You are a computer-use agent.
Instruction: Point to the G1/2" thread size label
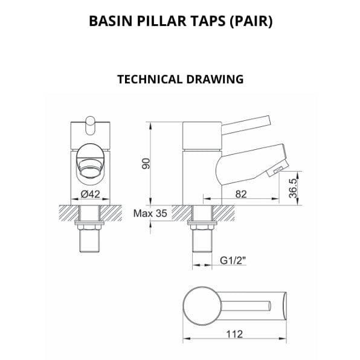point(231,261)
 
